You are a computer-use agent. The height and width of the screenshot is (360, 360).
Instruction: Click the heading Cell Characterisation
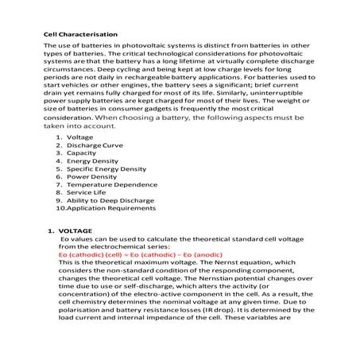click(79, 35)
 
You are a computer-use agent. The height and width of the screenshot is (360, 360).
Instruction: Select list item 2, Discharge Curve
click(95, 145)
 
